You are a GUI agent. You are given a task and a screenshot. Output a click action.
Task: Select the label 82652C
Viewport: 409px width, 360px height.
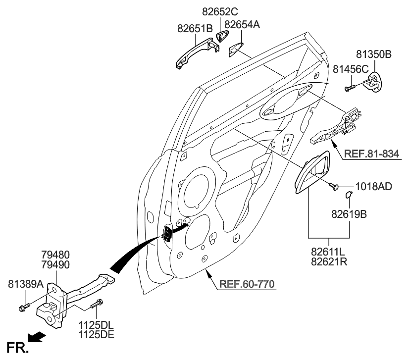[220, 10]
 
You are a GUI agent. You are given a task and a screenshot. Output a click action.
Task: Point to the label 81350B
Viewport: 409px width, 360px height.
[374, 54]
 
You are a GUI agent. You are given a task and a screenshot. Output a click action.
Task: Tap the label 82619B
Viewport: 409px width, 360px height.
[350, 214]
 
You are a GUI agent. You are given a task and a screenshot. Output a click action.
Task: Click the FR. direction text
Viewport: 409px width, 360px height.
[17, 348]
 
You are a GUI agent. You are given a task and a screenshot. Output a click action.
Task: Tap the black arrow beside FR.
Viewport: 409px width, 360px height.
[37, 337]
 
